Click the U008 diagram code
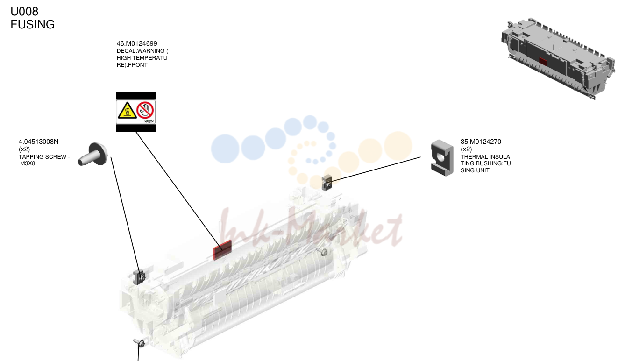24,11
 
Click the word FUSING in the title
33,25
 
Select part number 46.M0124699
137,43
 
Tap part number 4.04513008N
38,142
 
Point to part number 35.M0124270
481,142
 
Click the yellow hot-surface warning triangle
127,110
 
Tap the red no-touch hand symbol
145,110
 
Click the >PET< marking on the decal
149,121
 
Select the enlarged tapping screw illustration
92,154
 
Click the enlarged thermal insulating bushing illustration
442,158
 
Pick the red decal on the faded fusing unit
222,250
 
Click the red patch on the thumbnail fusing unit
543,62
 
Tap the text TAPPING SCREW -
44,157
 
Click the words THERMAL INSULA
485,157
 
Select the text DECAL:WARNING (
142,51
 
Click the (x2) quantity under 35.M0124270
466,149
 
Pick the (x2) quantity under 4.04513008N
24,149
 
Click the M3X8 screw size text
28,163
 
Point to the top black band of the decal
136,96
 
